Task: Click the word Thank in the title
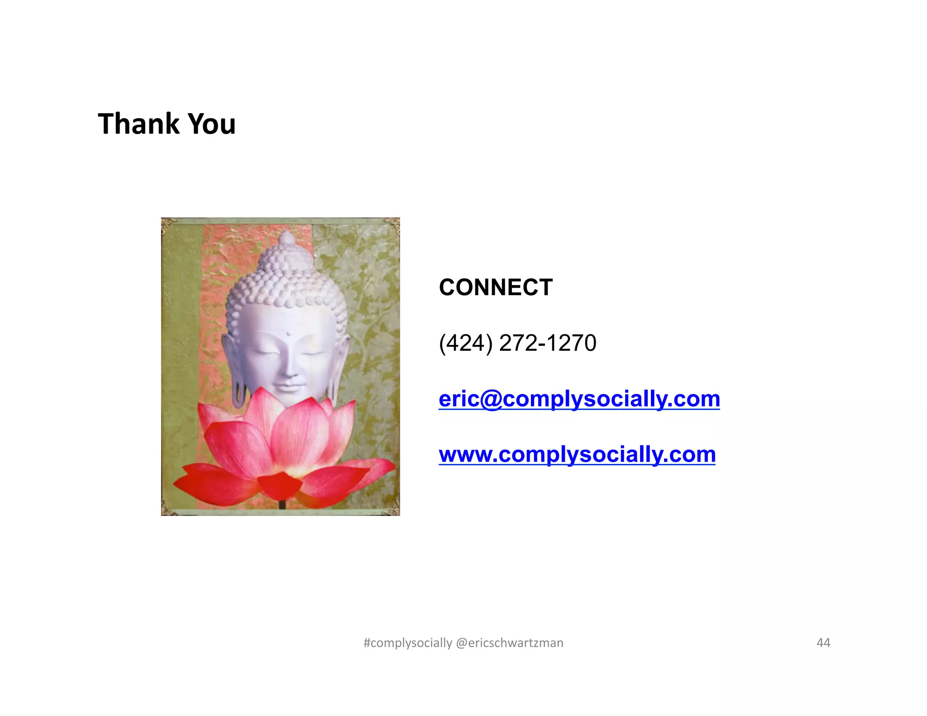pos(139,124)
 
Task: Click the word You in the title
pos(211,124)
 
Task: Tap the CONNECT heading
pos(496,287)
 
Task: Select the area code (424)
pos(466,343)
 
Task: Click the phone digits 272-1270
pos(548,343)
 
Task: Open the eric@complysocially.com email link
pos(579,399)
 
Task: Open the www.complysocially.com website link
pos(577,454)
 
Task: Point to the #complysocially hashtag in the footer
pos(408,643)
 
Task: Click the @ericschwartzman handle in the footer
pos(510,643)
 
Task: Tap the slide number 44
pos(823,643)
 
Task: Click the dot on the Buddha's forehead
pos(288,335)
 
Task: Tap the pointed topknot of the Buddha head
pos(287,237)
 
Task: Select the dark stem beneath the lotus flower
pos(282,504)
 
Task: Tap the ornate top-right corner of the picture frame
pos(393,224)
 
